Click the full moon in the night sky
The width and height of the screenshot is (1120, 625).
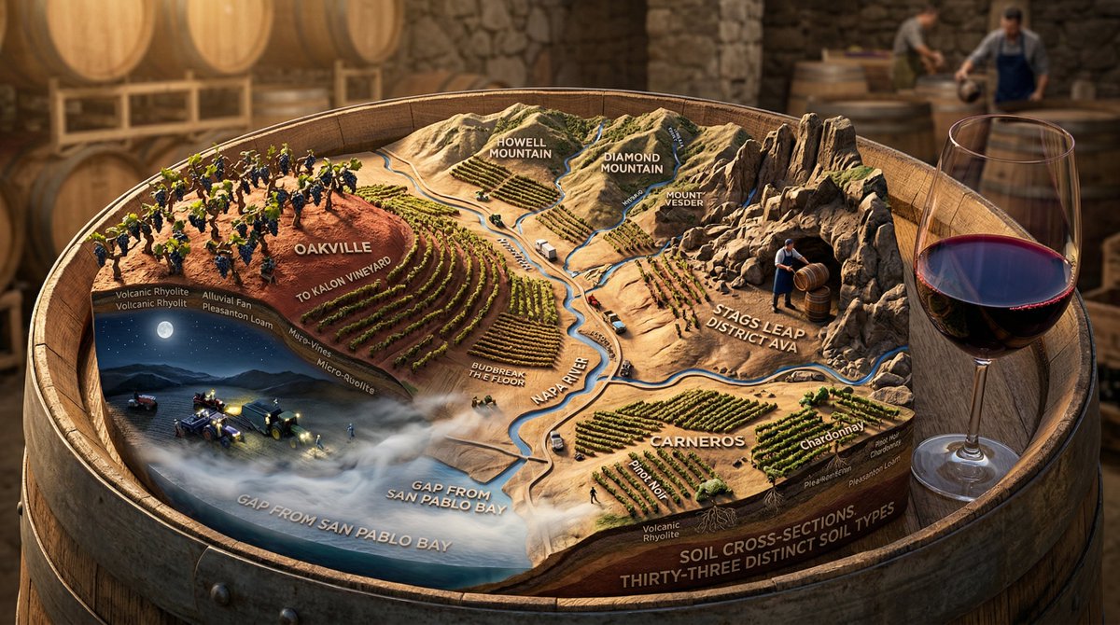(165, 328)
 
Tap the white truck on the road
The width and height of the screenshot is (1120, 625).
(545, 249)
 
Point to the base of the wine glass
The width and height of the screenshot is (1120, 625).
(966, 465)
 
